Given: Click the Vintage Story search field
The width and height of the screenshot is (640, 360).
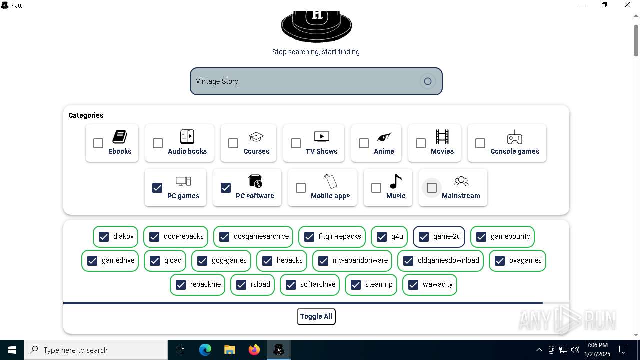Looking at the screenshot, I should pyautogui.click(x=305, y=81).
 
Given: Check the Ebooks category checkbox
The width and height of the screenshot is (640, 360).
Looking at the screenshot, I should pyautogui.click(x=98, y=143).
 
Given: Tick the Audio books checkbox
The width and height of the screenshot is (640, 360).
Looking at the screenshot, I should pyautogui.click(x=158, y=143).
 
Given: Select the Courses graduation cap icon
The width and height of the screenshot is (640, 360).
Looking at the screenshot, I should pyautogui.click(x=256, y=137).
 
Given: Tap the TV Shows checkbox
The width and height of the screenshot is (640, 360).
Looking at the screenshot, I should pyautogui.click(x=296, y=143).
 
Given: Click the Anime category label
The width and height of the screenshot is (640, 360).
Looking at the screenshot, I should pyautogui.click(x=384, y=151).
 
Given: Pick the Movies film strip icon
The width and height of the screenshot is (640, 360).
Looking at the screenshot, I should pyautogui.click(x=442, y=137).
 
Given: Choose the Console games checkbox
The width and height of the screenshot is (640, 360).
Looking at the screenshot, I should pyautogui.click(x=480, y=143).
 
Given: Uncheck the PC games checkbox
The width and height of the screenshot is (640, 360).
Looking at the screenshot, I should pyautogui.click(x=157, y=188).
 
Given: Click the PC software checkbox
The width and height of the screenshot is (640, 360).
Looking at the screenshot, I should pyautogui.click(x=226, y=188).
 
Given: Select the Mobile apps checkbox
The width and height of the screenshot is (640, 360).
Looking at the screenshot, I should pyautogui.click(x=301, y=188).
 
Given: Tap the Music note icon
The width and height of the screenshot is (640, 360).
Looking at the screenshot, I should pyautogui.click(x=395, y=181).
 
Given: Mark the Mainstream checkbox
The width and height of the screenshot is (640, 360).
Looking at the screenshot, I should pyautogui.click(x=432, y=188).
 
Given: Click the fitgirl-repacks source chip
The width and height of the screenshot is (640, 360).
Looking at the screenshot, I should pyautogui.click(x=332, y=237).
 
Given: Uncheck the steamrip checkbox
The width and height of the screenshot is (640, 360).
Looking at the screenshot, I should pyautogui.click(x=356, y=285).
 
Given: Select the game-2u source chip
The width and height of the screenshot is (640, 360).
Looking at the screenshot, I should pyautogui.click(x=439, y=237).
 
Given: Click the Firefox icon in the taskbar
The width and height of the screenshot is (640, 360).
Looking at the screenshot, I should pyautogui.click(x=254, y=350).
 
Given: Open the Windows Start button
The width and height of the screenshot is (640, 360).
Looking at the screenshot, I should pyautogui.click(x=12, y=350).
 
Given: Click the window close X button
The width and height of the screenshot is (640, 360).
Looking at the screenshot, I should pyautogui.click(x=627, y=5).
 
